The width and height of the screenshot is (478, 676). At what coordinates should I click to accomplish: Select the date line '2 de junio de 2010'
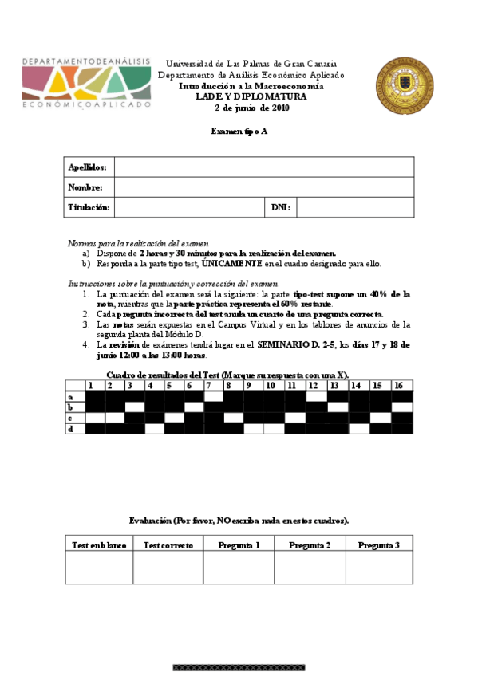tap(251, 108)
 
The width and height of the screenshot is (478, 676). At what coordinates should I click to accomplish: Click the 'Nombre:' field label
tap(85, 187)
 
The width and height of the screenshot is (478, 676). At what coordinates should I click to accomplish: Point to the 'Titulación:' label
tap(89, 207)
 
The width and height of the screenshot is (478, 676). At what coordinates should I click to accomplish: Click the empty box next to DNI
tap(355, 207)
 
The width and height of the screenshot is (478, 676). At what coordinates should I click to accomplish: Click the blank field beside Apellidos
tap(264, 167)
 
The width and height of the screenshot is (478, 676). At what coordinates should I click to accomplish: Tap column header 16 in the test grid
tap(398, 386)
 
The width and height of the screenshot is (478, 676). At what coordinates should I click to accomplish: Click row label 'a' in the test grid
tap(71, 396)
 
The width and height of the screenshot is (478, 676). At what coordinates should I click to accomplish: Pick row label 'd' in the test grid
tap(71, 428)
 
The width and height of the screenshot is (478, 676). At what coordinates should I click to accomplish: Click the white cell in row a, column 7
tap(214, 396)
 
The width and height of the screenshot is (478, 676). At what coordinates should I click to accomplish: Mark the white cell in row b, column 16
tap(401, 407)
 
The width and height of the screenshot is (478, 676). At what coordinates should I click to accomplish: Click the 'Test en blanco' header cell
tap(99, 544)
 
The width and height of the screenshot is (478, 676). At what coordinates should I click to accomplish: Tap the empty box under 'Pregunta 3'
tap(379, 568)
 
